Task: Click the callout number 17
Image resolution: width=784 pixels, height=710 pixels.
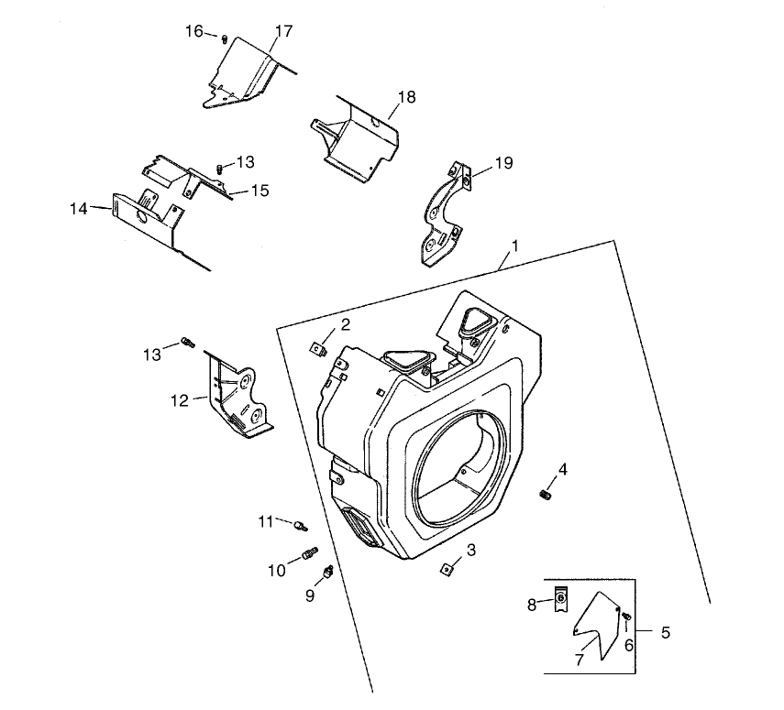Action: pyautogui.click(x=283, y=31)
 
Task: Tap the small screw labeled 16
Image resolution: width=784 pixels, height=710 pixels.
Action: pyautogui.click(x=225, y=38)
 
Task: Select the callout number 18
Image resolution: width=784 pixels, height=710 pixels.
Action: pyautogui.click(x=407, y=97)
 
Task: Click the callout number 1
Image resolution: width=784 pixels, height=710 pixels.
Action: pyautogui.click(x=515, y=246)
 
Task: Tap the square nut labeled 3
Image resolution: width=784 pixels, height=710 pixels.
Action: pyautogui.click(x=447, y=571)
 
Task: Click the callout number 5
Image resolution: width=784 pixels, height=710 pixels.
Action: pyautogui.click(x=665, y=632)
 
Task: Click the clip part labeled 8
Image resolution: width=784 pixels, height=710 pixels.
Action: pyautogui.click(x=560, y=600)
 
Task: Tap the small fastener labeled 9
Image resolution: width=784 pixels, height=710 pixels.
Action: pyautogui.click(x=326, y=573)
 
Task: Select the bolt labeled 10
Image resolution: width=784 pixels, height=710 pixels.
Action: pyautogui.click(x=308, y=554)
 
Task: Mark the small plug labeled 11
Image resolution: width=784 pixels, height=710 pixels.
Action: pyautogui.click(x=300, y=526)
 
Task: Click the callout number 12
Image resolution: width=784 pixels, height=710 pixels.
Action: pyautogui.click(x=178, y=399)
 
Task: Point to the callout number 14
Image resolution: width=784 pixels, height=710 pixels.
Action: pyautogui.click(x=78, y=209)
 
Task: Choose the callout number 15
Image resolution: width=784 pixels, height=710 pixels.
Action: pyautogui.click(x=259, y=191)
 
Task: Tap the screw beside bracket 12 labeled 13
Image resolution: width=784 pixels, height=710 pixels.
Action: pyautogui.click(x=188, y=343)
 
